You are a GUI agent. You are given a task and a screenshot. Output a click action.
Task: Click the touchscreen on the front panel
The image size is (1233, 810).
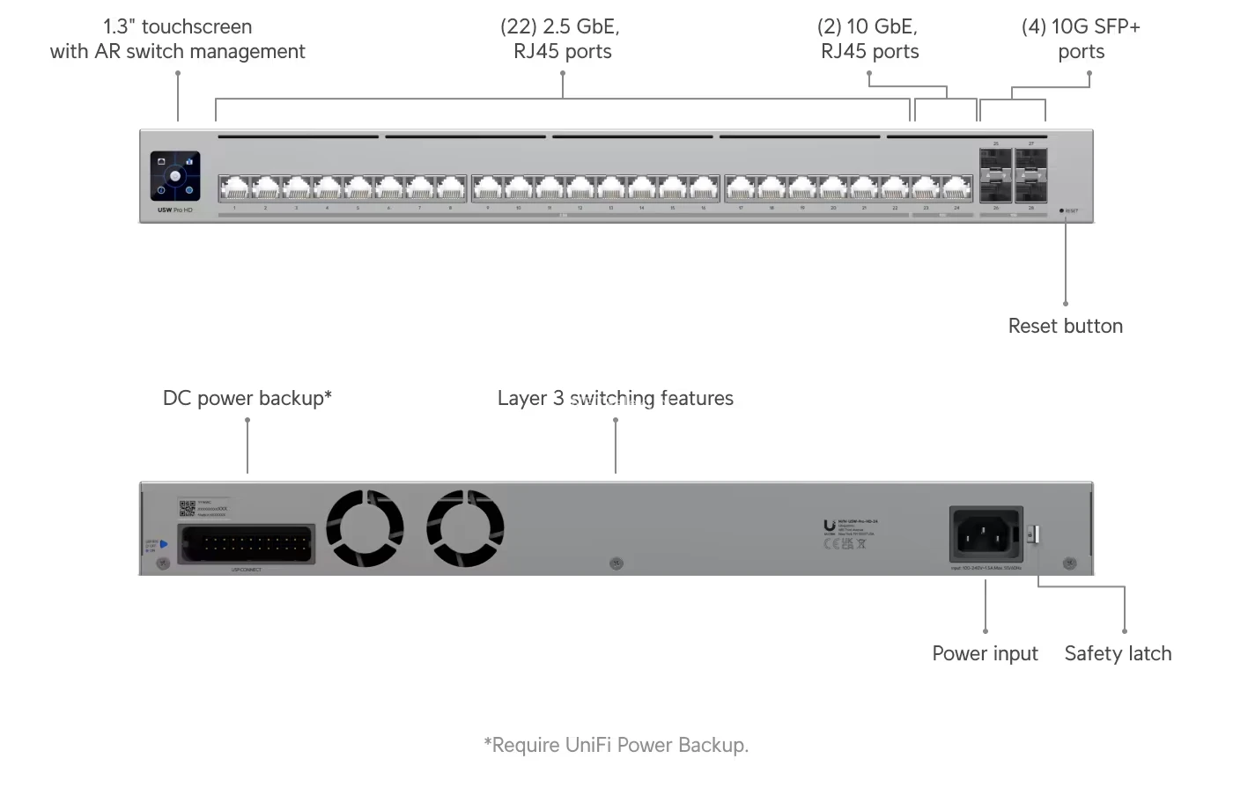click(175, 176)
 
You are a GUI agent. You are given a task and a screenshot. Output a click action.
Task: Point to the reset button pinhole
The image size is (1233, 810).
click(1061, 210)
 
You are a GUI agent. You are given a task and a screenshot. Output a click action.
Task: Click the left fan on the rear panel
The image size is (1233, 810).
click(365, 528)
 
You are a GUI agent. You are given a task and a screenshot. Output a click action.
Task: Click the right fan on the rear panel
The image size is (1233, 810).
click(465, 528)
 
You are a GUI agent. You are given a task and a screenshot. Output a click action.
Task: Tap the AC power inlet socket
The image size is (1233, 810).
click(986, 533)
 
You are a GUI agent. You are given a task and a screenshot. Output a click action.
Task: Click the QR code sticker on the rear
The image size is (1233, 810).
click(187, 509)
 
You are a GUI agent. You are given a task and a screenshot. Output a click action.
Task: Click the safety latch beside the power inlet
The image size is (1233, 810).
click(1036, 534)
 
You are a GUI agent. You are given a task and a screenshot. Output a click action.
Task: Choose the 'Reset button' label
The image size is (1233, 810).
click(1065, 326)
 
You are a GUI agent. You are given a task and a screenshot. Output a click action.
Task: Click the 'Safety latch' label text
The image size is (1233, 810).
click(1118, 653)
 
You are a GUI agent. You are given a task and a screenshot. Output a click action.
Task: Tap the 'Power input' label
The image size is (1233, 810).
click(985, 653)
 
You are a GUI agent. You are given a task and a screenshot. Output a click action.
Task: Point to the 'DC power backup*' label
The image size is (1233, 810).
click(247, 398)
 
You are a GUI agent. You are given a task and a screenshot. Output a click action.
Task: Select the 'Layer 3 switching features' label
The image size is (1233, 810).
click(615, 398)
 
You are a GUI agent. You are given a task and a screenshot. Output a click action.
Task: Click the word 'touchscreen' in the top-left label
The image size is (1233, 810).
click(196, 26)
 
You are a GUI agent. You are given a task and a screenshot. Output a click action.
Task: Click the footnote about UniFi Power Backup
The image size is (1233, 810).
click(616, 745)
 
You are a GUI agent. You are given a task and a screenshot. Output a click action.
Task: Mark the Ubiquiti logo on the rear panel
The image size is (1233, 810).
click(830, 526)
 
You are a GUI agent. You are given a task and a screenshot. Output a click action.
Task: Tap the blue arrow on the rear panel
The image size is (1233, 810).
click(164, 544)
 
